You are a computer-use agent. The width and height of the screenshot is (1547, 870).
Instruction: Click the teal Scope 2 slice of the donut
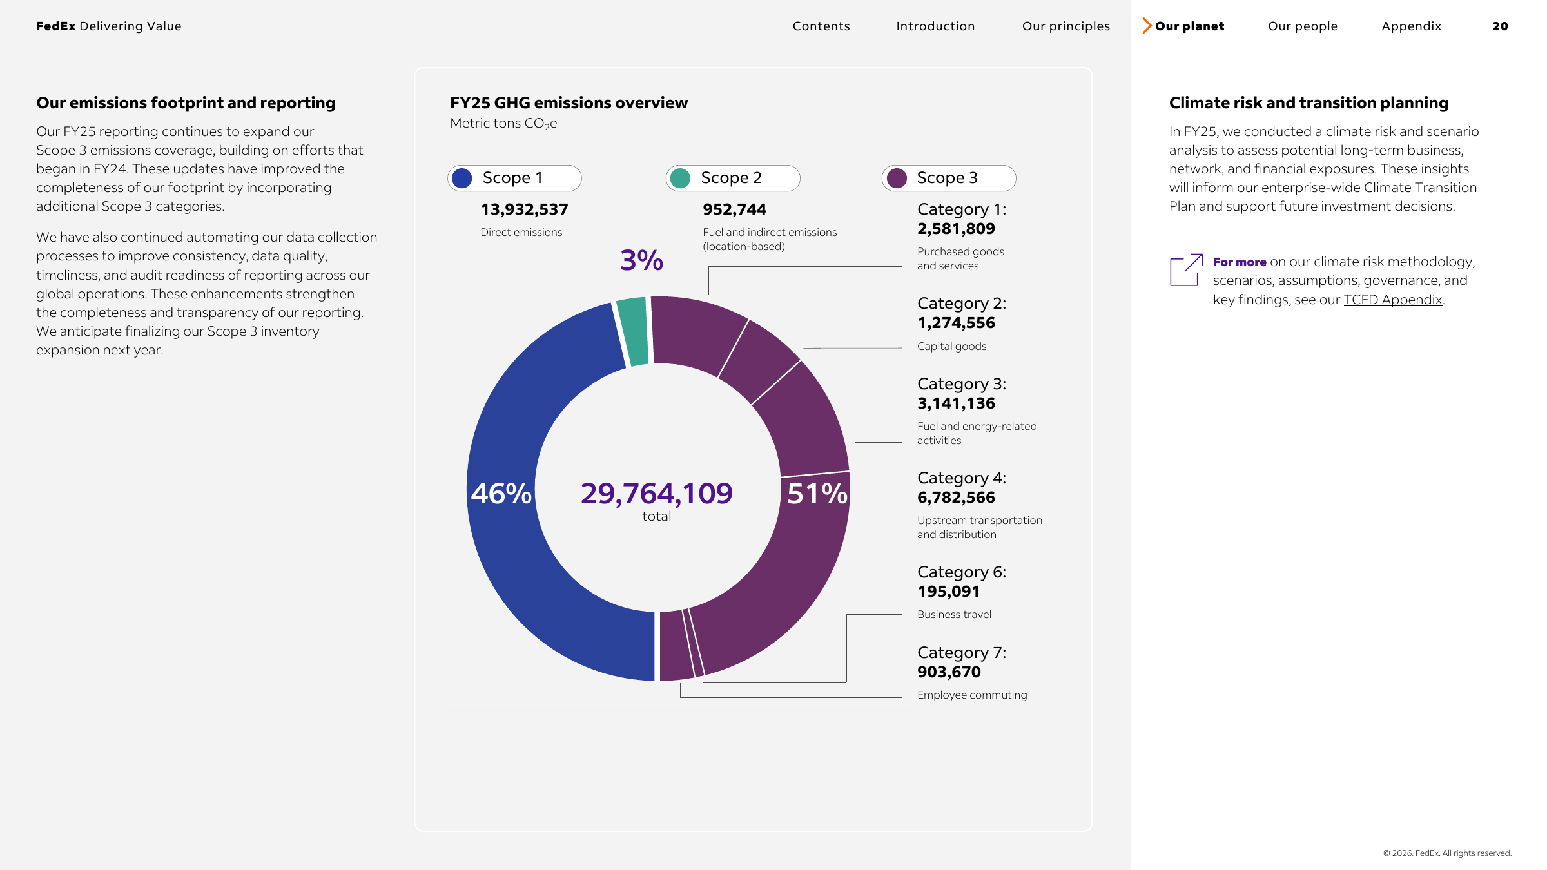pos(633,331)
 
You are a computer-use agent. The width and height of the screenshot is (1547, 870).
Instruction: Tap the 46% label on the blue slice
pos(501,494)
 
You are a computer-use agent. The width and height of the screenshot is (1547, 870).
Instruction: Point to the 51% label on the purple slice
pos(817,494)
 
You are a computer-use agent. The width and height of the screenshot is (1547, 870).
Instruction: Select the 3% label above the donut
pos(641,260)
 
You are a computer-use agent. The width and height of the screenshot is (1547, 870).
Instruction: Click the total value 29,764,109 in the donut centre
pos(656,494)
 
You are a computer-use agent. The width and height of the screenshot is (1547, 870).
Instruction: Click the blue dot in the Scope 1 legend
pos(462,178)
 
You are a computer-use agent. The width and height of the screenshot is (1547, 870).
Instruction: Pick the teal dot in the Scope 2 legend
pos(680,178)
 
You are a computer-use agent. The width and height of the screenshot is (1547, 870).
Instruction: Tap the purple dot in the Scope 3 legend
pos(897,178)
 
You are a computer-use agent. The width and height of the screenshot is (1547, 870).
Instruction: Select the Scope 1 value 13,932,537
pos(525,209)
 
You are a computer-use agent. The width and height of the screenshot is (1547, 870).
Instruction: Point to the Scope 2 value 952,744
pos(734,209)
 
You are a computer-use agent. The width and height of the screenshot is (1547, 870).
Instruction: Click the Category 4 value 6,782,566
pos(956,498)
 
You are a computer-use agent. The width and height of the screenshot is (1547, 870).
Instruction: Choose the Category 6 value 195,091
pos(948,592)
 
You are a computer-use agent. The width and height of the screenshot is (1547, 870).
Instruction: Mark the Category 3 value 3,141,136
pos(956,403)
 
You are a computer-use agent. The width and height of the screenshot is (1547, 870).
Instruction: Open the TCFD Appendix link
pos(1392,300)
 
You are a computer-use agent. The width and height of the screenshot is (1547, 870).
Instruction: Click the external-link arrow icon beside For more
pos(1186,269)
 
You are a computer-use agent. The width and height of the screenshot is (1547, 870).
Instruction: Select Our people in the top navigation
pos(1303,26)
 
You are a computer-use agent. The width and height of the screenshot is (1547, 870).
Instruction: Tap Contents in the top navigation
pos(821,26)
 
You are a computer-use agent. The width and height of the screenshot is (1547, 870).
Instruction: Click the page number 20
pos(1500,26)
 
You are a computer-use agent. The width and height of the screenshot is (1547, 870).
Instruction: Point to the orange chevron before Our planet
pos(1147,26)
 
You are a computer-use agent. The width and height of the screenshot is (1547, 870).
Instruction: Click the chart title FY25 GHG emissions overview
pos(569,103)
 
